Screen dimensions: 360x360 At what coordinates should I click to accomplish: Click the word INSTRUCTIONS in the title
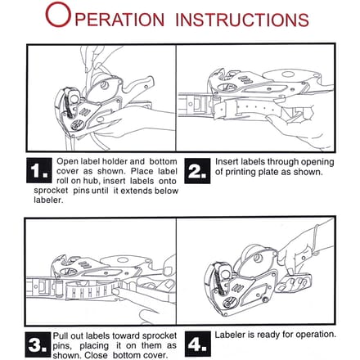pyautogui.click(x=242, y=20)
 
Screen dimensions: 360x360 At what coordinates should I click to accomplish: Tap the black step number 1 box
pyautogui.click(x=39, y=170)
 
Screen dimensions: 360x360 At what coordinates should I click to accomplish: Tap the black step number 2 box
pyautogui.click(x=197, y=171)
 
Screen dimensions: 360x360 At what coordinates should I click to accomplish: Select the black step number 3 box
pyautogui.click(x=38, y=344)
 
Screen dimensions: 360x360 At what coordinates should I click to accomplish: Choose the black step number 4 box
pyautogui.click(x=198, y=344)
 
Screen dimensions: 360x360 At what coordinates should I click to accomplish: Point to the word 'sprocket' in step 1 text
pyautogui.click(x=51, y=191)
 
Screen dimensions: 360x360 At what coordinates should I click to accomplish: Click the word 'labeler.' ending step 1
pyautogui.click(x=48, y=200)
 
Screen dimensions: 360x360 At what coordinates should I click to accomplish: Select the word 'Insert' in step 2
pyautogui.click(x=227, y=161)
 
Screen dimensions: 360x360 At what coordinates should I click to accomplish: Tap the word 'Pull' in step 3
pyautogui.click(x=61, y=335)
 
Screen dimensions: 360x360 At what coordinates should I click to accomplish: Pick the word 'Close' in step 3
pyautogui.click(x=96, y=355)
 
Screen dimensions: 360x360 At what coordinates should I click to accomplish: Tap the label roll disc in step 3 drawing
pyautogui.click(x=124, y=260)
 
